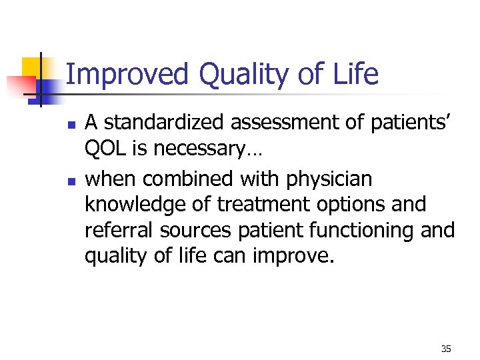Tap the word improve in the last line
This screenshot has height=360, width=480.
click(297, 255)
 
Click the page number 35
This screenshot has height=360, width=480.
click(446, 349)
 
